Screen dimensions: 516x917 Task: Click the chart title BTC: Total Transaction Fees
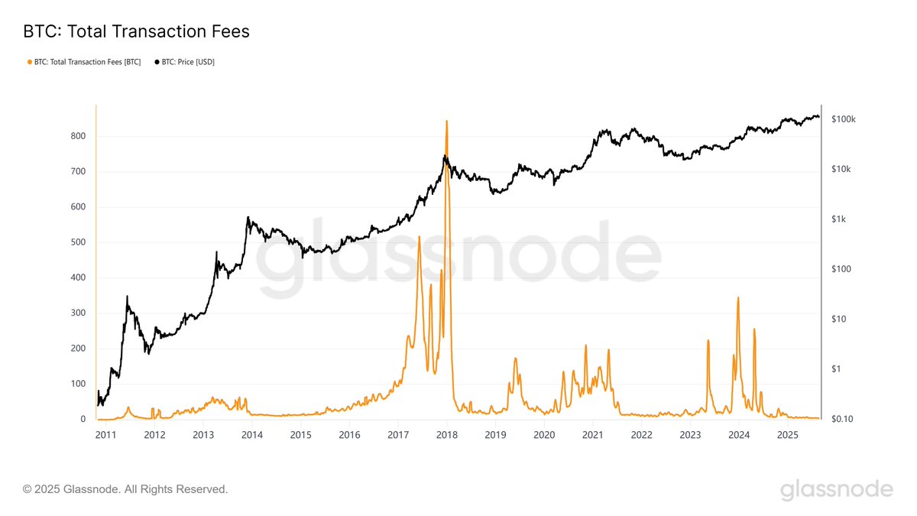pos(136,31)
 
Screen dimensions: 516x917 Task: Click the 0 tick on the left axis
pos(82,420)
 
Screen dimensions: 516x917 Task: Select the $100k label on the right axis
pos(843,119)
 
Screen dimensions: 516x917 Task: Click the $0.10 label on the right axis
pos(842,420)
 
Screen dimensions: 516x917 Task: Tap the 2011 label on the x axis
pos(106,435)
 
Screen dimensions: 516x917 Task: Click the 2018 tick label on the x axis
pos(447,435)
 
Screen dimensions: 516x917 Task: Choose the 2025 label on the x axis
pos(788,435)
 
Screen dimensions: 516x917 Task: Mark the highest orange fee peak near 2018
pos(446,121)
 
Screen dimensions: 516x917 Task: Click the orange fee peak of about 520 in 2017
pos(419,237)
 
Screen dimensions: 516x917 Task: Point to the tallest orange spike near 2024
pos(738,297)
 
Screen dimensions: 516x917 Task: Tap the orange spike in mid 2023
pos(708,340)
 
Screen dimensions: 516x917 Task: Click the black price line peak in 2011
pos(127,297)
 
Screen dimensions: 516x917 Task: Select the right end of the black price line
pos(819,117)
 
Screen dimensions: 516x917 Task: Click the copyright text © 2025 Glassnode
pos(125,488)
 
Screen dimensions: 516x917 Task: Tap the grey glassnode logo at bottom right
pos(836,489)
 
